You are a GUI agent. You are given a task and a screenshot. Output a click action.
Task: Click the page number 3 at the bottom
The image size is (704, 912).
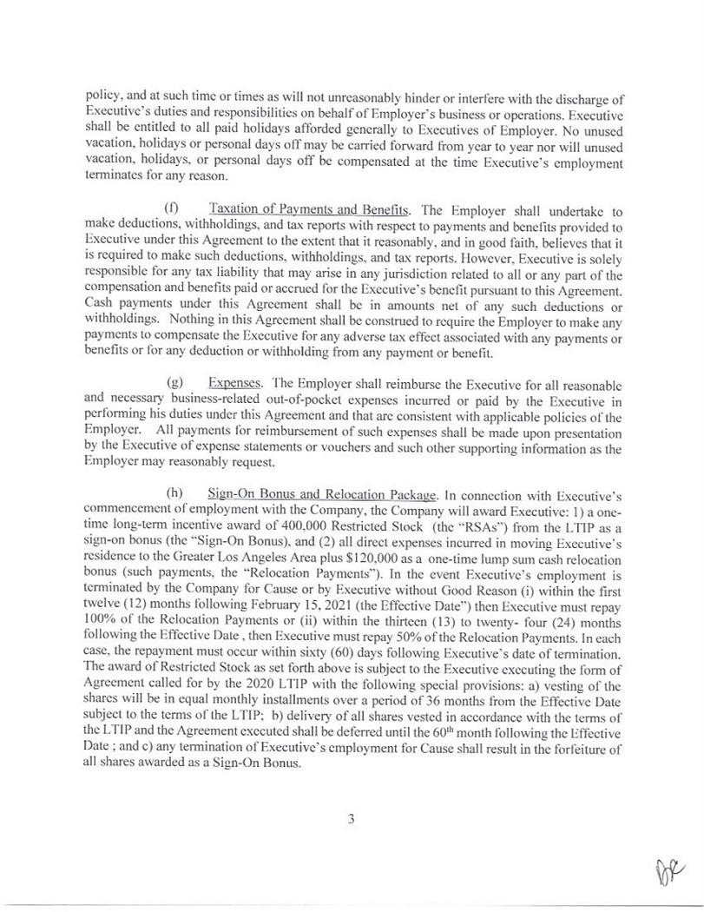point(352,819)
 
